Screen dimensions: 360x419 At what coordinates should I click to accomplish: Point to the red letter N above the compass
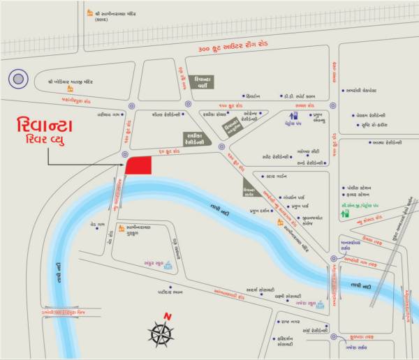pyautogui.click(x=166, y=315)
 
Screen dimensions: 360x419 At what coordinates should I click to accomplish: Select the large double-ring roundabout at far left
pyautogui.click(x=18, y=79)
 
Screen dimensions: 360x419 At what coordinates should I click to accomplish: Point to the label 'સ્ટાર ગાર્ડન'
pyautogui.click(x=278, y=177)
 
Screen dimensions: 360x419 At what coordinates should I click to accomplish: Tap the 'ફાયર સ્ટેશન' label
pyautogui.click(x=360, y=196)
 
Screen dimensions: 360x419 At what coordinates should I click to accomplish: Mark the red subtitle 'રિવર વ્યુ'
pyautogui.click(x=47, y=143)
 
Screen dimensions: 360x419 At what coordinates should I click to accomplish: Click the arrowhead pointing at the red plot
pyautogui.click(x=122, y=165)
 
